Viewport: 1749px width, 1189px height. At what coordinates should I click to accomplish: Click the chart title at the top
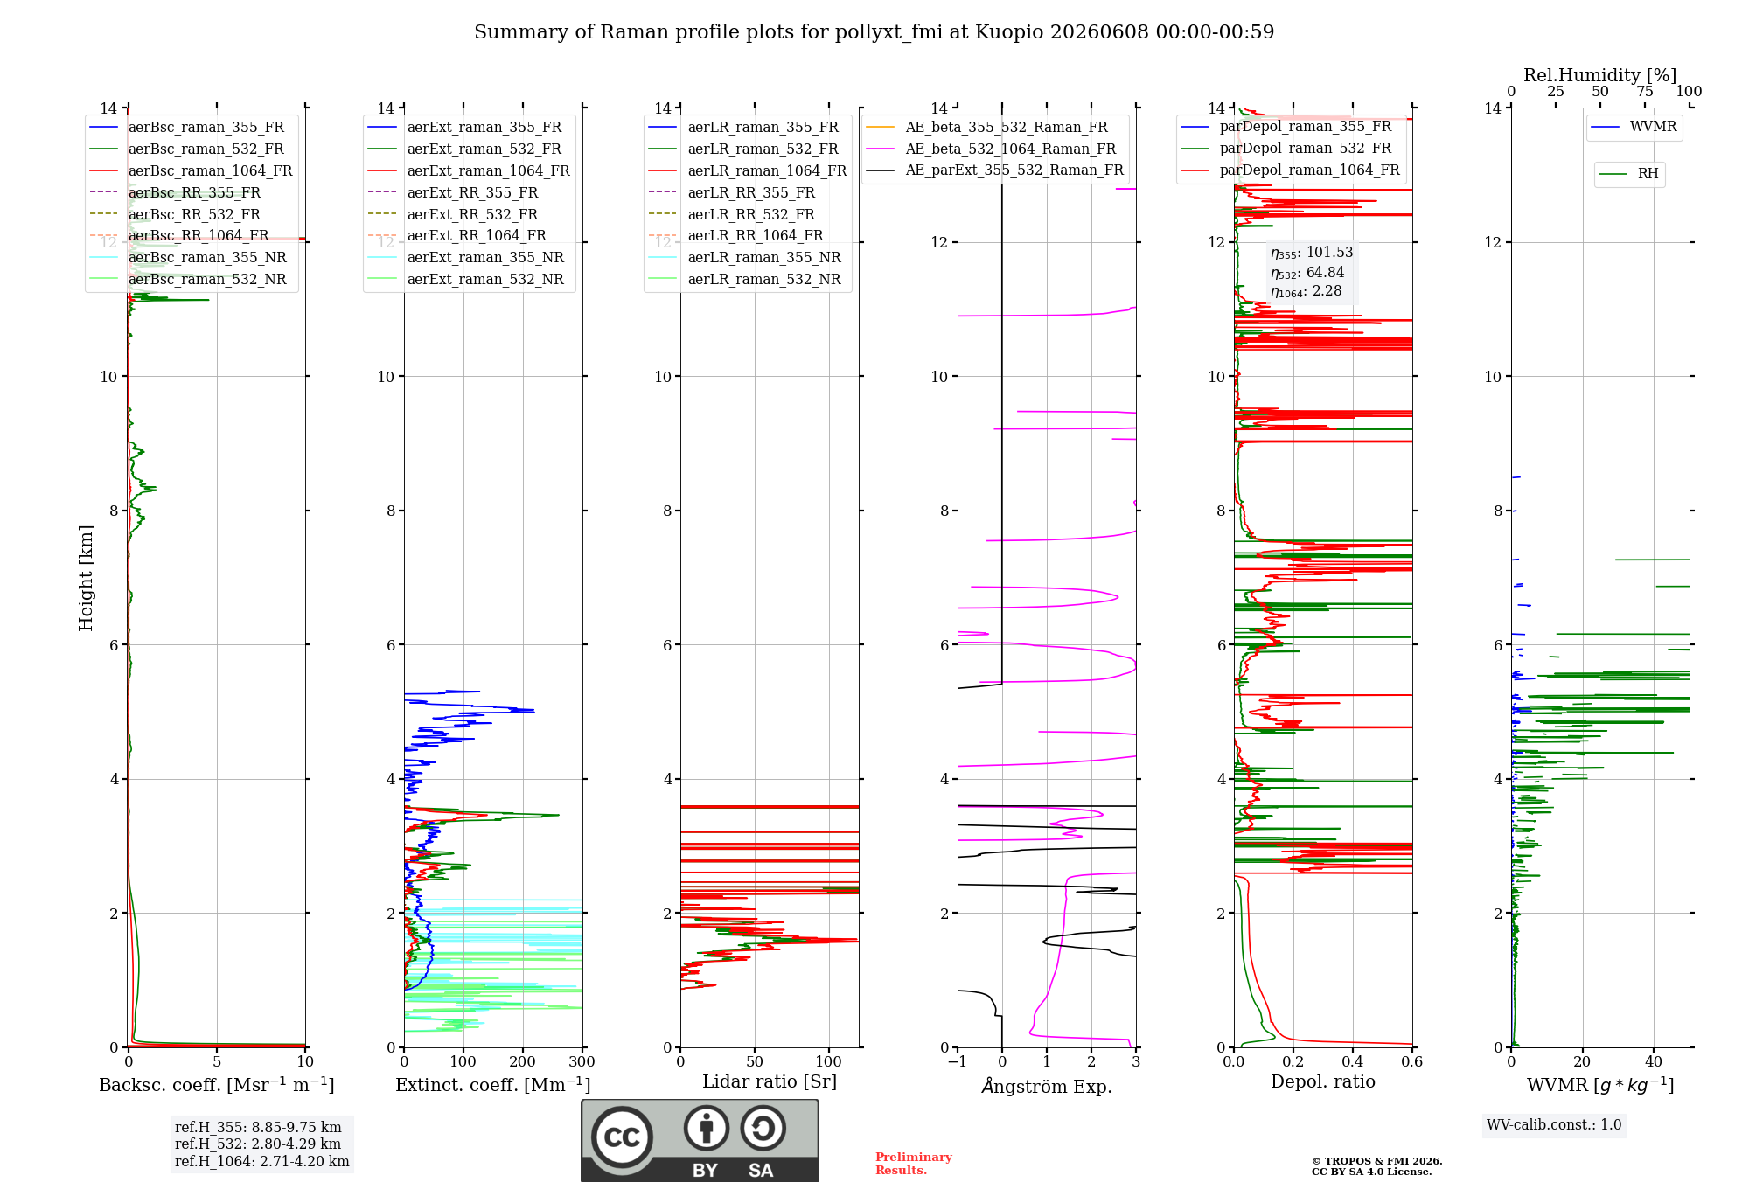pyautogui.click(x=874, y=32)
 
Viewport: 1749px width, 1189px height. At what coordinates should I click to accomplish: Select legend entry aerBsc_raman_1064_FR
pyautogui.click(x=210, y=170)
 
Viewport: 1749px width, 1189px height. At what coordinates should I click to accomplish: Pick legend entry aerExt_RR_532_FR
pyautogui.click(x=472, y=214)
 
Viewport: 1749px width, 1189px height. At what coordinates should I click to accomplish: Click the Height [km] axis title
pyautogui.click(x=86, y=578)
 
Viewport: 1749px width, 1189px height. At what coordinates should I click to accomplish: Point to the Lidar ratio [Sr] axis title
pyautogui.click(x=770, y=1081)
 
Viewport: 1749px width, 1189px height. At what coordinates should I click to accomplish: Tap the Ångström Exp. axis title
pyautogui.click(x=1047, y=1086)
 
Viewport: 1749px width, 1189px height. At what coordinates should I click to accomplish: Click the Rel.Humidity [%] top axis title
pyautogui.click(x=1600, y=75)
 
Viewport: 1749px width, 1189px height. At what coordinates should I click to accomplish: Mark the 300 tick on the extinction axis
pyautogui.click(x=582, y=1061)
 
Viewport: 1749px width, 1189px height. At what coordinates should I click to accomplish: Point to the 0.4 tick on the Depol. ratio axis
pyautogui.click(x=1353, y=1061)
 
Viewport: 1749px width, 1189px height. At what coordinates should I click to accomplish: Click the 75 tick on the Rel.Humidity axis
pyautogui.click(x=1645, y=91)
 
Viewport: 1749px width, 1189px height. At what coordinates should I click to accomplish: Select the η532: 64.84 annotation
pyautogui.click(x=1307, y=272)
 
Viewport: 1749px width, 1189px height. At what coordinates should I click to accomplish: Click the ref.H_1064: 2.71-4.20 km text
pyautogui.click(x=262, y=1161)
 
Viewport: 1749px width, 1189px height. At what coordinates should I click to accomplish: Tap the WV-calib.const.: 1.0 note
pyautogui.click(x=1554, y=1124)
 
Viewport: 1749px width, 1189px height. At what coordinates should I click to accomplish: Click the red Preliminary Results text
pyautogui.click(x=914, y=1164)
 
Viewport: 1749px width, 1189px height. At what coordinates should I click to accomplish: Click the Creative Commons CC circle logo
pyautogui.click(x=622, y=1137)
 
